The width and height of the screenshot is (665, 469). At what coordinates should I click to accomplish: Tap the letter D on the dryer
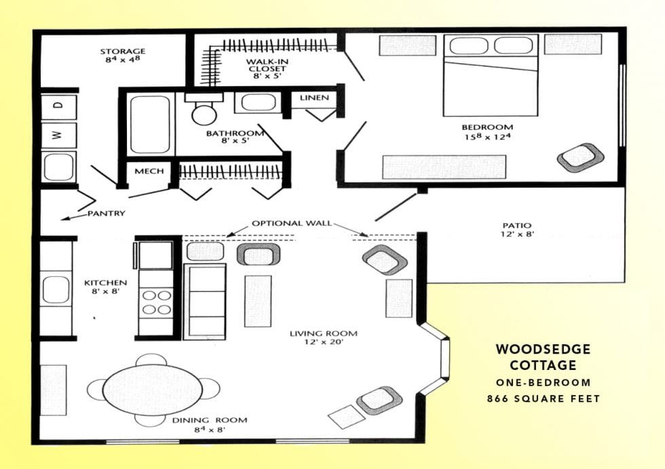(x=58, y=106)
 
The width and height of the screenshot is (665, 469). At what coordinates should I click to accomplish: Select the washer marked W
(x=58, y=135)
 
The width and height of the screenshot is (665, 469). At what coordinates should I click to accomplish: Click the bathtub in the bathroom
(x=149, y=124)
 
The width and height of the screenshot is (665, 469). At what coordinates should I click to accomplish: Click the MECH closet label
(x=149, y=171)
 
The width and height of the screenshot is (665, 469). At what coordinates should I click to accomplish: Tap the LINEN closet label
(x=314, y=98)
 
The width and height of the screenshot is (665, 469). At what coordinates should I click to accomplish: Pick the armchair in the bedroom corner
(x=580, y=157)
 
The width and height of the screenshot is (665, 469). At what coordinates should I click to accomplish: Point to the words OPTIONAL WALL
(x=292, y=223)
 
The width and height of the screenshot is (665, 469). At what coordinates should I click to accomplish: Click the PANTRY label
(x=106, y=213)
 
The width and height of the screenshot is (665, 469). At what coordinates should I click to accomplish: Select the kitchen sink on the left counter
(x=56, y=290)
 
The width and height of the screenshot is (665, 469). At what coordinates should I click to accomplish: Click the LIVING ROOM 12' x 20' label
(x=323, y=337)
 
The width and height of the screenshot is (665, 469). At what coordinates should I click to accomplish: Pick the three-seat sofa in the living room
(x=206, y=301)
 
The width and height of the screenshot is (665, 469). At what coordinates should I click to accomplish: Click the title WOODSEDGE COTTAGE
(x=543, y=357)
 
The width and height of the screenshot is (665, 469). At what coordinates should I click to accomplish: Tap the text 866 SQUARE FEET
(x=544, y=398)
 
